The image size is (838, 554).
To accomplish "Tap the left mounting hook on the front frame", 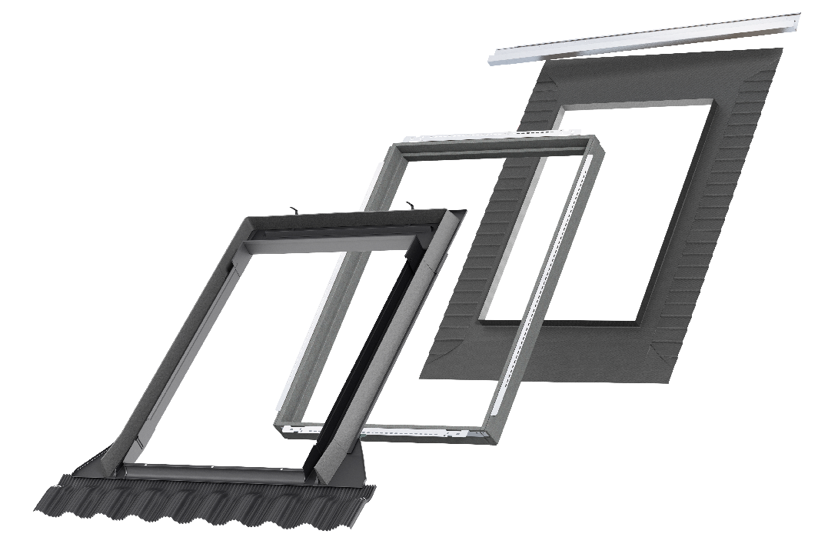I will click(x=294, y=209).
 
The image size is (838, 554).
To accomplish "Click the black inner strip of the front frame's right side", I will click(x=361, y=362).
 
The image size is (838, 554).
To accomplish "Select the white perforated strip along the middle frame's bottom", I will click(x=384, y=429).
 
